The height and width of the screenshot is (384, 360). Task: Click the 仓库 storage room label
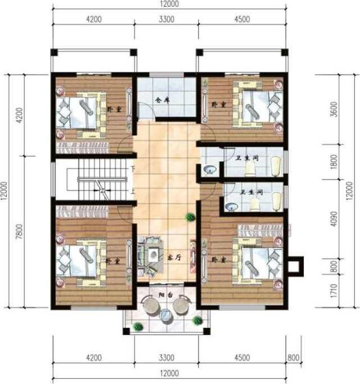pos(162,101)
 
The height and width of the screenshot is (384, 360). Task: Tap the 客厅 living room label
pos(173,256)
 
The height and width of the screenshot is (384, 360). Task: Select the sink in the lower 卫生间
pos(231,207)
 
